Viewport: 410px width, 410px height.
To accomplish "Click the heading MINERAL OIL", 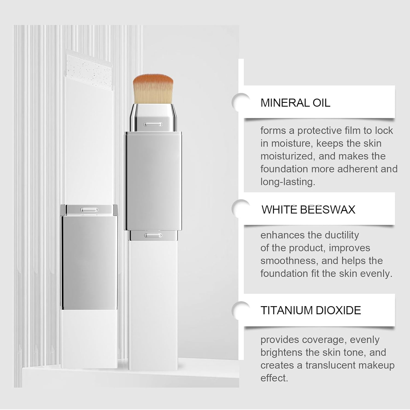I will [295, 103].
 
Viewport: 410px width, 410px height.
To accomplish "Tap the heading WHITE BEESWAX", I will [308, 210].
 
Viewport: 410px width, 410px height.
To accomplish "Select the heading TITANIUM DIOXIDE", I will [311, 311].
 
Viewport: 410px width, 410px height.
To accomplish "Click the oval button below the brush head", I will [153, 125].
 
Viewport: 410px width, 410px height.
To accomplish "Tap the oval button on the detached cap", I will [89, 210].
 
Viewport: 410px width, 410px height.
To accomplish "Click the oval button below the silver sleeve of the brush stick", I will [153, 235].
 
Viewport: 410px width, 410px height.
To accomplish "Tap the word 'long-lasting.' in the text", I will [288, 182].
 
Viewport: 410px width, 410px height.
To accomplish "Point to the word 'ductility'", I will [342, 235].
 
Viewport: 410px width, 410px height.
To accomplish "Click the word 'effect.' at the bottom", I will [274, 378].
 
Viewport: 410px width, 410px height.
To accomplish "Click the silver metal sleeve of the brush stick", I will [153, 180].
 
